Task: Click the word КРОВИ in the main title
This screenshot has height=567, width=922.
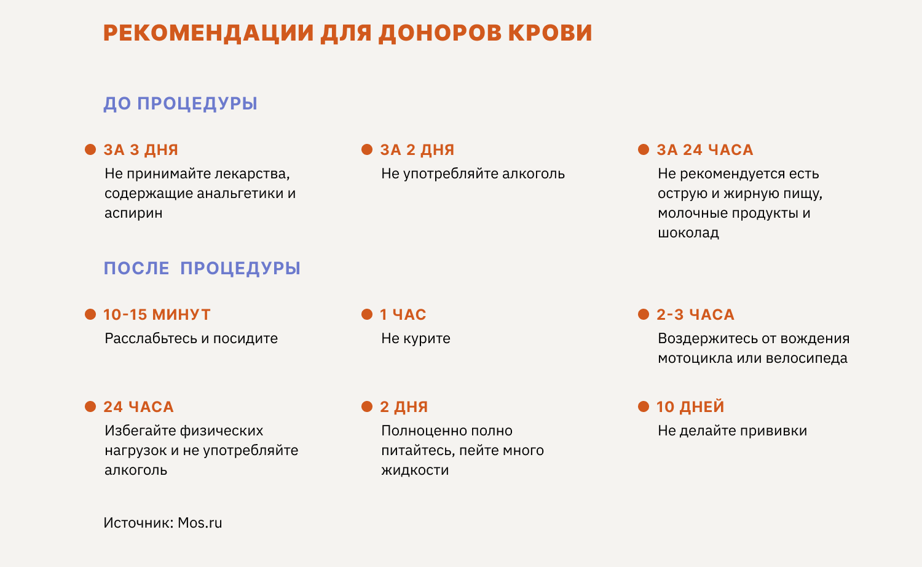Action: (550, 33)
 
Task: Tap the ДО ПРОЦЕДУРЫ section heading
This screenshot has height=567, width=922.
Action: (180, 103)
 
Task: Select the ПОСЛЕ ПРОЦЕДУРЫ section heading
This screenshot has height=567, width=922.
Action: (202, 268)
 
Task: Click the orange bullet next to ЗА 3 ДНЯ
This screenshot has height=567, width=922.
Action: (90, 149)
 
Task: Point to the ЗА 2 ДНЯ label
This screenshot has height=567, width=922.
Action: (417, 149)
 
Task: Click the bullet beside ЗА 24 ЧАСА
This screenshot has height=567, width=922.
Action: (644, 149)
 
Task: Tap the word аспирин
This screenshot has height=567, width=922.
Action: (133, 213)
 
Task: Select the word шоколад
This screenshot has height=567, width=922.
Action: (688, 233)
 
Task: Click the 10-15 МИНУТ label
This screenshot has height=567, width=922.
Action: (157, 315)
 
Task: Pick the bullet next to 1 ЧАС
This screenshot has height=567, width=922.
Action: (367, 315)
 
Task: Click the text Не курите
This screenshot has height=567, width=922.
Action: (416, 338)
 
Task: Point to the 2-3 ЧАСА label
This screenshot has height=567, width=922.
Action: (696, 315)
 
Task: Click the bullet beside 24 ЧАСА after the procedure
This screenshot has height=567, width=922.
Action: (90, 407)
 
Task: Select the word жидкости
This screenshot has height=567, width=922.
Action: (415, 470)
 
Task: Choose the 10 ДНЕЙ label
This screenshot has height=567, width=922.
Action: (690, 407)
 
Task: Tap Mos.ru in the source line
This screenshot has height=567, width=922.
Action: (200, 523)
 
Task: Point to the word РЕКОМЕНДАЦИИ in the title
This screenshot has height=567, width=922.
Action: (209, 33)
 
